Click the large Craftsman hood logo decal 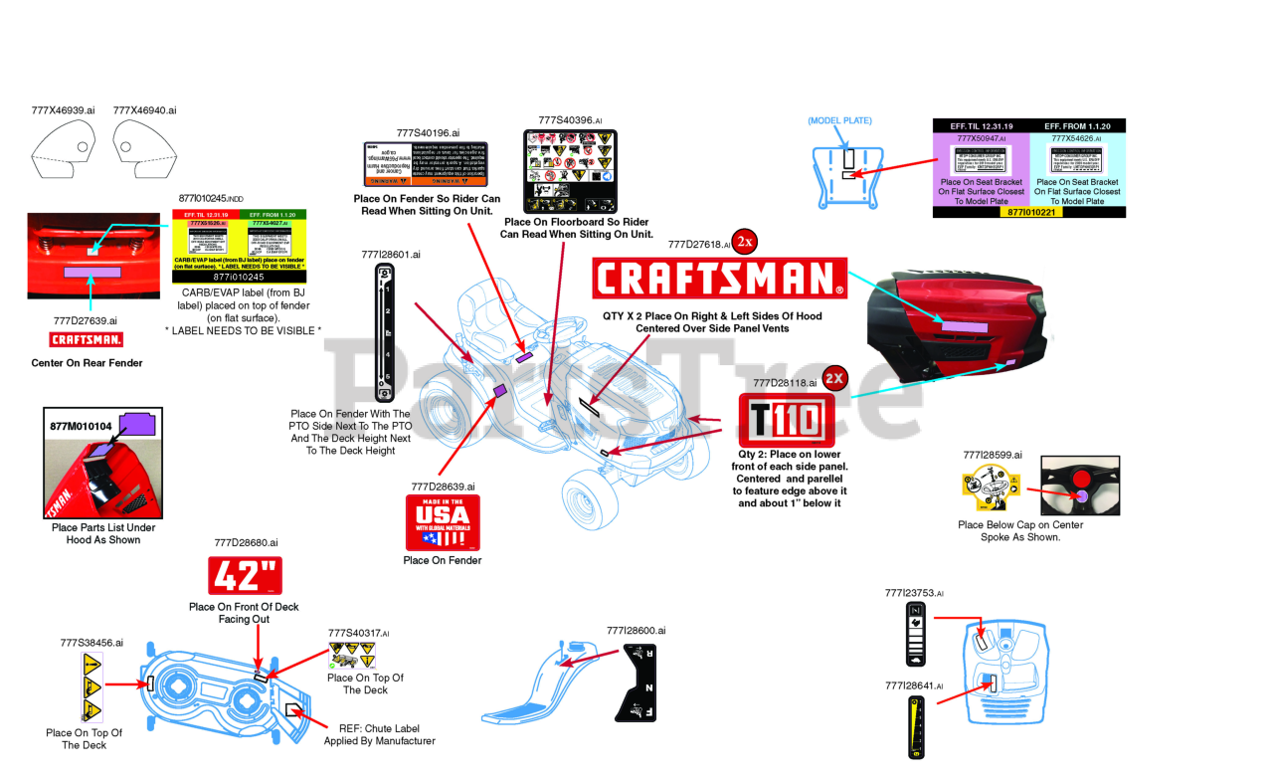pyautogui.click(x=719, y=278)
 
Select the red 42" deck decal pyautogui.click(x=245, y=576)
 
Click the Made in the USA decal pyautogui.click(x=443, y=522)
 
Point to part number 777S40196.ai pyautogui.click(x=428, y=132)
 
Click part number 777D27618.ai pyautogui.click(x=699, y=244)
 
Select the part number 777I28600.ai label pyautogui.click(x=636, y=630)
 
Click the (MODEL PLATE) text pyautogui.click(x=839, y=120)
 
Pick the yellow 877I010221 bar pyautogui.click(x=1028, y=212)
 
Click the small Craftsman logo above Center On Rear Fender pyautogui.click(x=85, y=340)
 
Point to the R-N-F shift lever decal pyautogui.click(x=638, y=682)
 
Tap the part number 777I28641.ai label pyautogui.click(x=914, y=685)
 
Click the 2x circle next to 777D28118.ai pyautogui.click(x=835, y=378)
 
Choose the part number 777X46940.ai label pyautogui.click(x=144, y=110)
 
